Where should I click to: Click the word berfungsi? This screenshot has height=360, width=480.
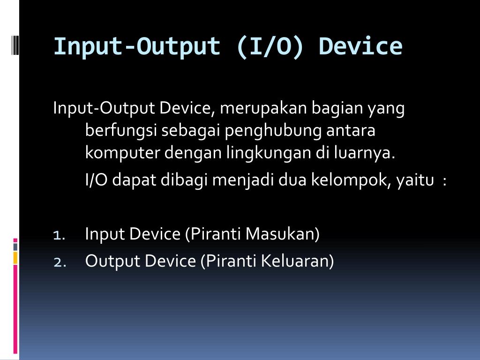(x=121, y=131)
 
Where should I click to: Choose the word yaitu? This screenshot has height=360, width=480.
(x=415, y=180)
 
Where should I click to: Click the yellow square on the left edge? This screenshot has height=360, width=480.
(x=15, y=258)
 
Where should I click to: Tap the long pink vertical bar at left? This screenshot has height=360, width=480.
(x=15, y=309)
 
